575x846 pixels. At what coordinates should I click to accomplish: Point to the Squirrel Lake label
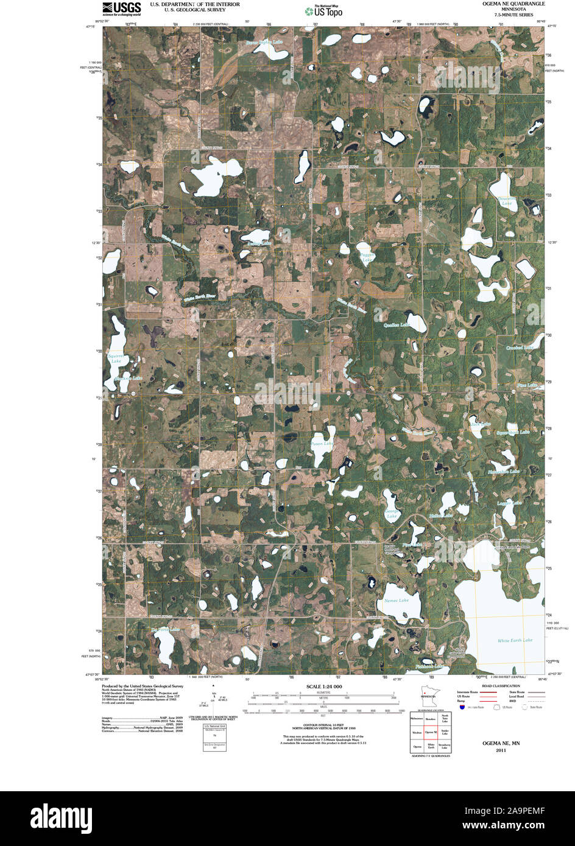(x=116, y=358)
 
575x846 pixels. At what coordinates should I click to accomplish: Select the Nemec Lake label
(x=396, y=601)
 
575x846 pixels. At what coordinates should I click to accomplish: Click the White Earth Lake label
(x=515, y=640)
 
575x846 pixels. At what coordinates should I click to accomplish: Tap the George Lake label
(x=391, y=514)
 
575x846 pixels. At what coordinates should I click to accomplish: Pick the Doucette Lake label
(x=506, y=201)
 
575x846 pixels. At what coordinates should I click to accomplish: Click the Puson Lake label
(x=322, y=444)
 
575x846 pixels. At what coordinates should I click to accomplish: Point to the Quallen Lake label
(x=397, y=326)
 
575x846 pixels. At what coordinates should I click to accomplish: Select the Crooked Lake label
(x=520, y=348)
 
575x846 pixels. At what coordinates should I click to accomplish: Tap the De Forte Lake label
(x=165, y=629)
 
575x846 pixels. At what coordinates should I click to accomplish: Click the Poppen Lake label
(x=367, y=257)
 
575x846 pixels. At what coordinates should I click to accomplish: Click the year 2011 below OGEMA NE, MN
(x=501, y=750)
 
